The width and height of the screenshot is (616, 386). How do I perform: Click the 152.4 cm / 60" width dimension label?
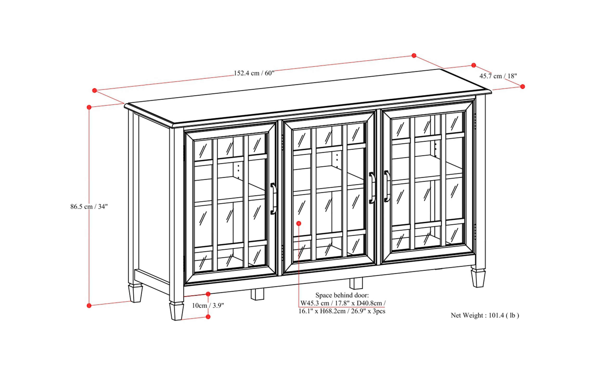click(254, 73)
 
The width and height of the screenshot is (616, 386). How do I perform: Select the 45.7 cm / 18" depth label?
click(498, 76)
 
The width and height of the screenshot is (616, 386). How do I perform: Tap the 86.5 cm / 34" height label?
click(89, 207)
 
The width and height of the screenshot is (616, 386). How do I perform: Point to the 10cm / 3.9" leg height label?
click(208, 306)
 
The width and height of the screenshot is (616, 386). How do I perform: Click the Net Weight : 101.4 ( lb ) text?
click(485, 315)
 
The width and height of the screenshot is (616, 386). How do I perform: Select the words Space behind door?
click(342, 295)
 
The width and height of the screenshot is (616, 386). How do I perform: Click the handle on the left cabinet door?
click(273, 198)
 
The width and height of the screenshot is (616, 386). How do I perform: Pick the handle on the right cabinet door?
click(387, 186)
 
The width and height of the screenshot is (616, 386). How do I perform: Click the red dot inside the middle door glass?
click(299, 224)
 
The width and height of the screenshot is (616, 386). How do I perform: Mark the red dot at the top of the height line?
click(89, 107)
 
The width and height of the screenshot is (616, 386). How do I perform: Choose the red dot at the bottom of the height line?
click(89, 306)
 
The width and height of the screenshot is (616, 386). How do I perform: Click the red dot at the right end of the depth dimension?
click(522, 86)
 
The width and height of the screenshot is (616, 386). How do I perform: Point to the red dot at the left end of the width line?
click(95, 90)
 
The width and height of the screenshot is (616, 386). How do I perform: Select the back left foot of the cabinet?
click(135, 293)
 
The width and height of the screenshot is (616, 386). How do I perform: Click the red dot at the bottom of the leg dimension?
click(208, 317)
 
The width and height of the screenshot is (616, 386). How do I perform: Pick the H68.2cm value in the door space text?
click(332, 311)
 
